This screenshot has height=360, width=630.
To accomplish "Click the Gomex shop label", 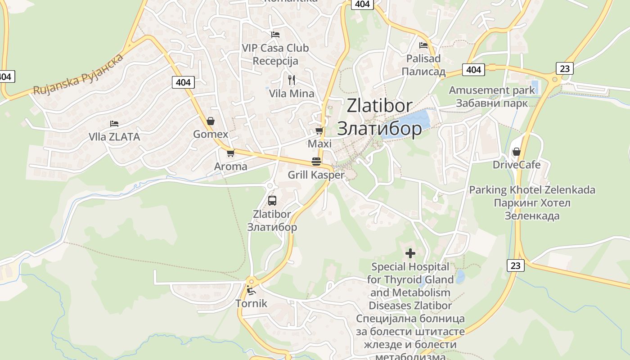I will pos(211,134).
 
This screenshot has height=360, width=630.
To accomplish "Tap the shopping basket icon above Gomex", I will pos(210,121).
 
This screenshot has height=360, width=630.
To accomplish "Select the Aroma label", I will pos(230,166).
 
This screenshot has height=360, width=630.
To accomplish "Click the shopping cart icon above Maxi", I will pos(319,130).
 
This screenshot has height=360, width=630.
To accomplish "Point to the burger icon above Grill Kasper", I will pos(316,162).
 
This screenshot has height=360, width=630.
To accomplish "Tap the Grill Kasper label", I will pos(316,175).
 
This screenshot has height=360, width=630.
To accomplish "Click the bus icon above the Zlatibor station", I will pos(272,201).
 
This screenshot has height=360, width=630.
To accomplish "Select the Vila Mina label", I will pos(292,94).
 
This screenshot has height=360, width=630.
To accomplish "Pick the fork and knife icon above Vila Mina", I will pos(292,80).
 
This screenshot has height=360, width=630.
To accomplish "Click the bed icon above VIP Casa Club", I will pos(275,34).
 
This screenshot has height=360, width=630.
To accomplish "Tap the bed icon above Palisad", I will pos(423,45).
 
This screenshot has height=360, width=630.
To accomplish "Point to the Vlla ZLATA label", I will pos(114,137).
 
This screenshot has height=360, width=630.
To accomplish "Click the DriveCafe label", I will pos(517,164).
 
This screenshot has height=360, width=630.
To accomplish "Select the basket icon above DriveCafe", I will pos(517,152).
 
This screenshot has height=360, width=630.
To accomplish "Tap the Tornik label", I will pos(251,303).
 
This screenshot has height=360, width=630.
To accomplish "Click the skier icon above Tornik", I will pos(251,290).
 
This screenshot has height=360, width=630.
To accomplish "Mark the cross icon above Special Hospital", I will pos(410,253).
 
